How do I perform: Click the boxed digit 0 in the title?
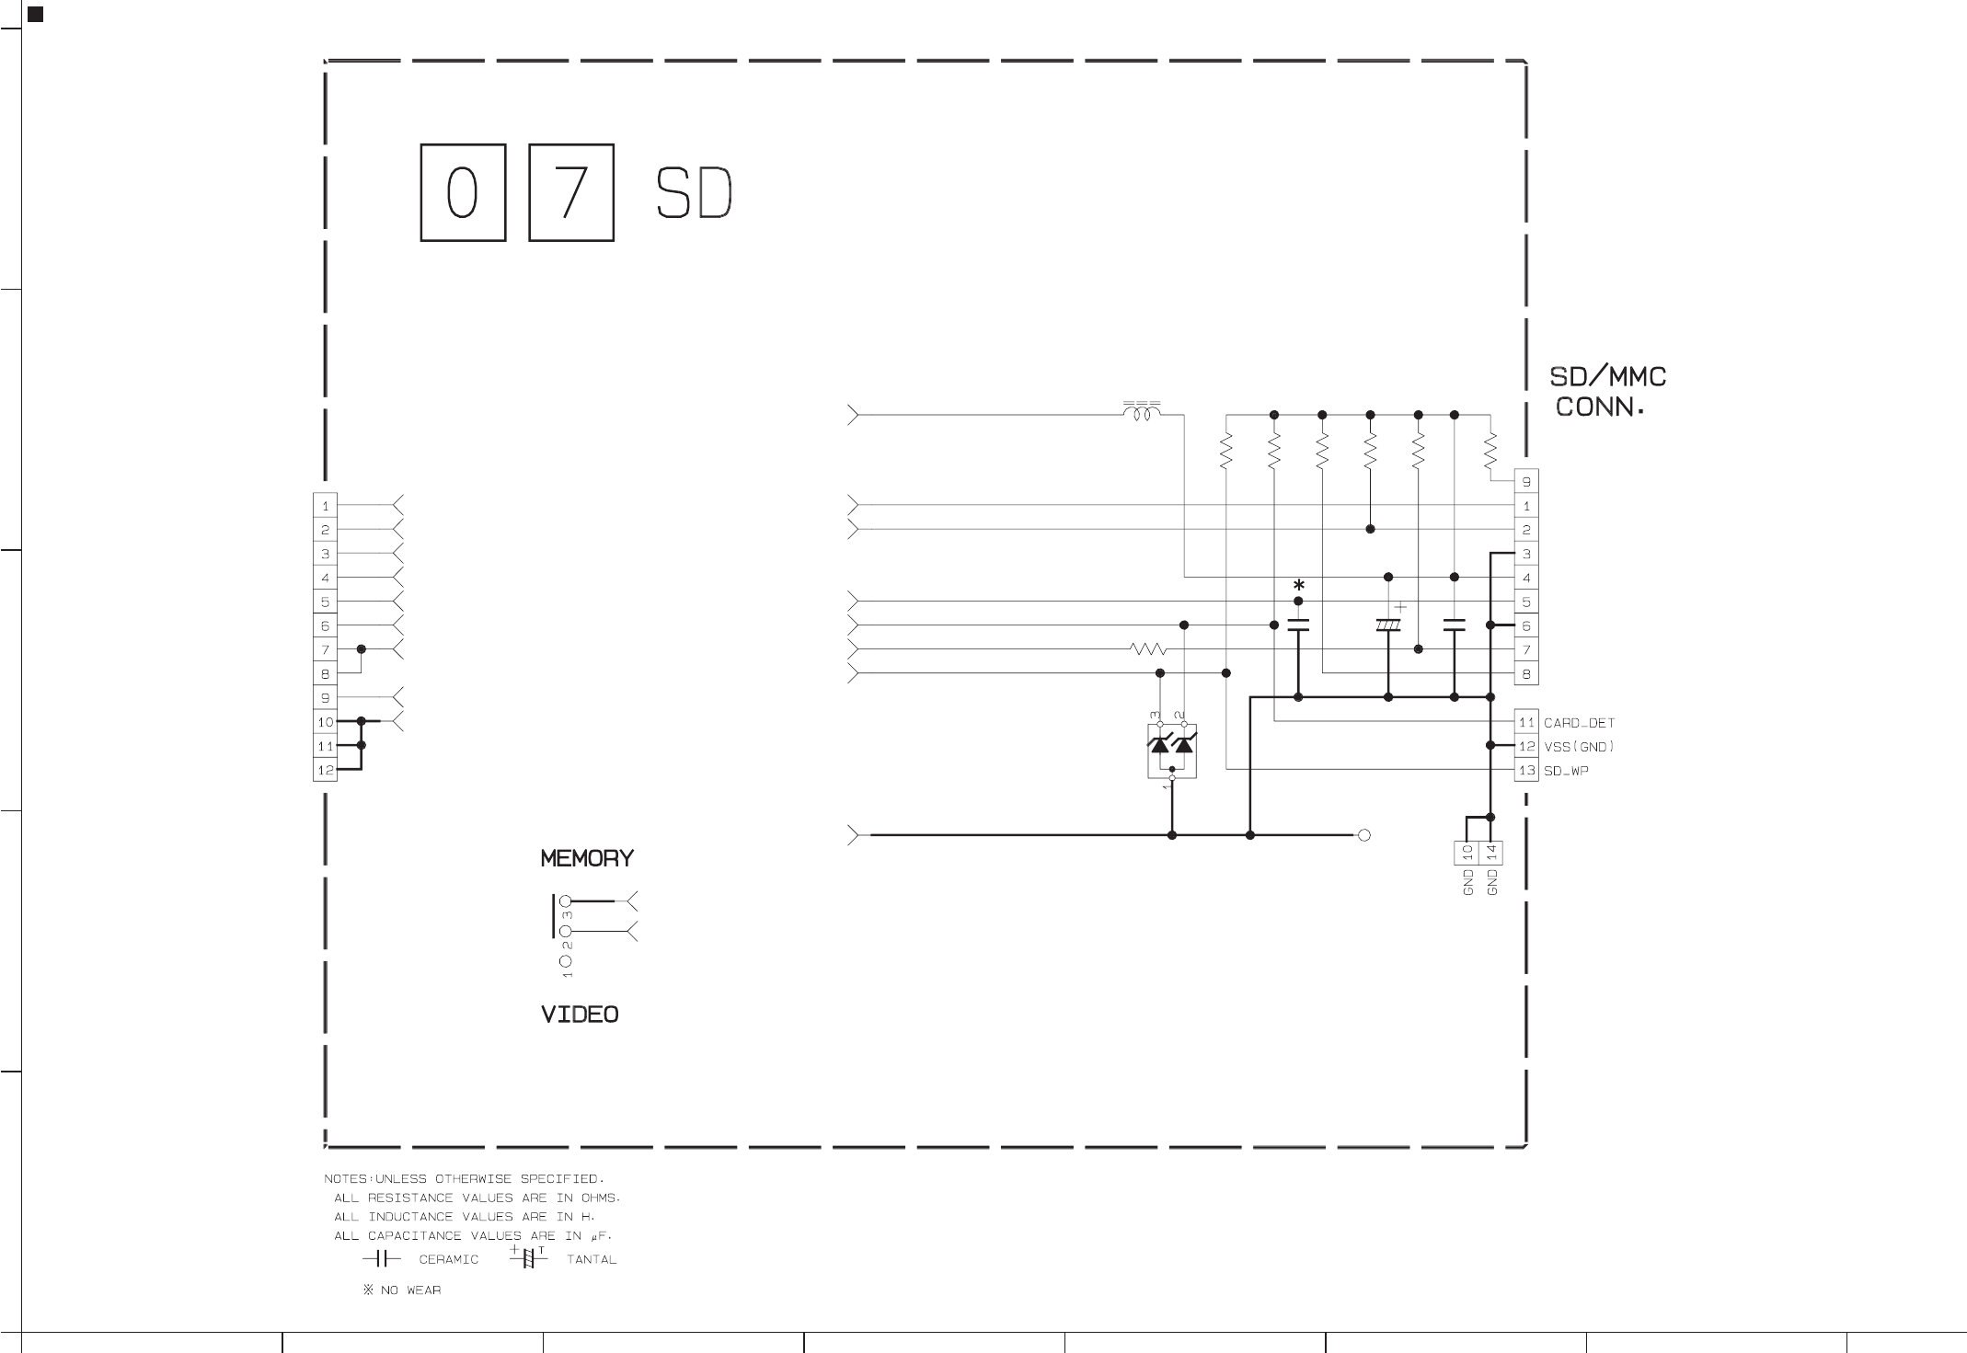(463, 192)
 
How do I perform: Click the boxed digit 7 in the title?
(571, 192)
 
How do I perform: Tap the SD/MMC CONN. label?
(1608, 392)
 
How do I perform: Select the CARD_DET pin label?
(1579, 723)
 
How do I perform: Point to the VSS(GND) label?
(1579, 747)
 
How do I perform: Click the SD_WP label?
(1566, 771)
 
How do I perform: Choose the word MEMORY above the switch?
(587, 858)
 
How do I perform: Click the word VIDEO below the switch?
(580, 1015)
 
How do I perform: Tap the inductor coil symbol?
(1142, 412)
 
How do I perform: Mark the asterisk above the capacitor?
(1298, 586)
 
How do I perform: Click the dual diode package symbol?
(1171, 751)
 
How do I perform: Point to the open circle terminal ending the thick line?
(1364, 835)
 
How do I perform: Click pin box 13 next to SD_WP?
(1526, 771)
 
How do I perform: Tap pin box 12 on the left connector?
(325, 770)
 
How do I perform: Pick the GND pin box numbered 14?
(1490, 854)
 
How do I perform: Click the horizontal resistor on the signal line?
(1148, 649)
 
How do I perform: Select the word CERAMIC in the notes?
(449, 1259)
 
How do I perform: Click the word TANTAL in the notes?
(592, 1259)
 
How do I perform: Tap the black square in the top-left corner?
(36, 14)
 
